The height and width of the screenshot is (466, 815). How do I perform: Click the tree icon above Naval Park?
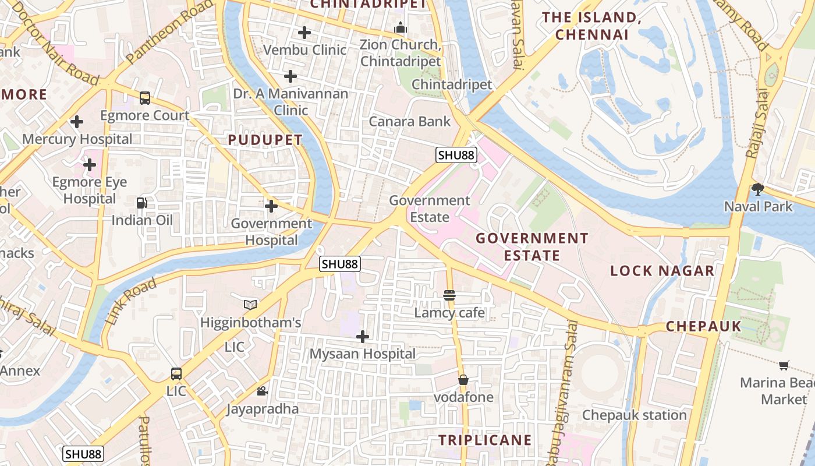coord(757,189)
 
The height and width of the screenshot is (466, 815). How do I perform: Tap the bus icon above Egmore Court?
coord(145,98)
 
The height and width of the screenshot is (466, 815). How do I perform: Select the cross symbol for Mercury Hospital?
coord(77,122)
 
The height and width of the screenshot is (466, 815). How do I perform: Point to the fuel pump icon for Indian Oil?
coord(142,203)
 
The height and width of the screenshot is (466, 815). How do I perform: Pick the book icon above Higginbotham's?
coord(250,305)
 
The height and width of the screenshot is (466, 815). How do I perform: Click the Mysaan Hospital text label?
coord(363,354)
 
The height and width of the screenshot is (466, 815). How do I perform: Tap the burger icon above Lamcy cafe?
coord(449,295)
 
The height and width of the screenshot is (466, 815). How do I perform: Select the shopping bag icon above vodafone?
coord(463,380)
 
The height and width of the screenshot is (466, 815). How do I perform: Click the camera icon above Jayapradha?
coord(263,391)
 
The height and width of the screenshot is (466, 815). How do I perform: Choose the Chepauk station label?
coord(635,415)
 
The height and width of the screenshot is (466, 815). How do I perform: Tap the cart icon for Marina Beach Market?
coord(784,365)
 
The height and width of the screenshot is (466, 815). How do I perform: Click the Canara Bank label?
coord(410,121)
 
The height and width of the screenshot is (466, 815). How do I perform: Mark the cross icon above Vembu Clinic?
coord(304,33)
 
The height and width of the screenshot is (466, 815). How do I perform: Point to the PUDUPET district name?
coord(265,140)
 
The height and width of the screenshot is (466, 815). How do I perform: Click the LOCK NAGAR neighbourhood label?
coord(662,270)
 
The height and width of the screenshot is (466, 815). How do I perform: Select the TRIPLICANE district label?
coord(485,440)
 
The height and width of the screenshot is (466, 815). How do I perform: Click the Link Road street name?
coord(132,301)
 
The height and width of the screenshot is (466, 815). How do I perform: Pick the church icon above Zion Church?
coord(400,27)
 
